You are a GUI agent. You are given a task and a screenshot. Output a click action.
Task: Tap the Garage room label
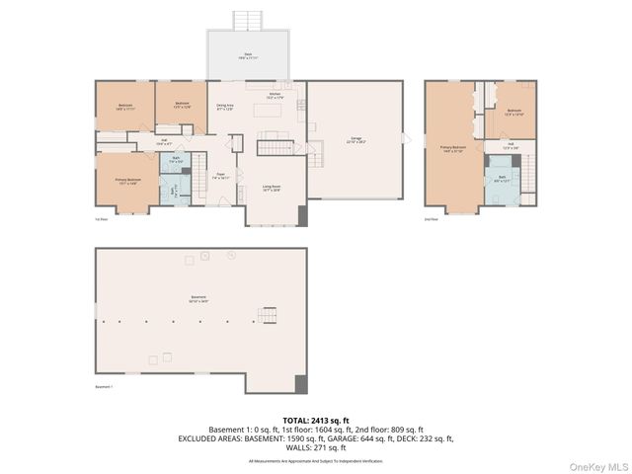pos(355,140)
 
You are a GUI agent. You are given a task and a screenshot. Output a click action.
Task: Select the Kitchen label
pos(276,96)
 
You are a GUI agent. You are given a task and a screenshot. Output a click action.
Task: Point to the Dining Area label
pos(225,107)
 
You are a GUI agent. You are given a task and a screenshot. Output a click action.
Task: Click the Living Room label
pos(272,188)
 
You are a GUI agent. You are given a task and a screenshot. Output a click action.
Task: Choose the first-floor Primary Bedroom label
pos(128,181)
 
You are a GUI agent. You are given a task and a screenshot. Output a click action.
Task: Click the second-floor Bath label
pos(502,179)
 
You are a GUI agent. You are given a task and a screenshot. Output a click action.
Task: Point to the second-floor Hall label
pos(511,145)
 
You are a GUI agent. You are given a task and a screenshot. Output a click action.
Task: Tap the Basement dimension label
pos(198,300)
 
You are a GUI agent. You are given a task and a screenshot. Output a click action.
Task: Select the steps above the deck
pos(247,20)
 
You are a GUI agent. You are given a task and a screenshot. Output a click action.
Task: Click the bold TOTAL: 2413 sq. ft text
pos(315,420)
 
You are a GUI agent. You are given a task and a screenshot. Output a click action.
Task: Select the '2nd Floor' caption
pos(430,219)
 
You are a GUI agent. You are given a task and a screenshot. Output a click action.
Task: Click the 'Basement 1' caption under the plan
pos(104,386)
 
